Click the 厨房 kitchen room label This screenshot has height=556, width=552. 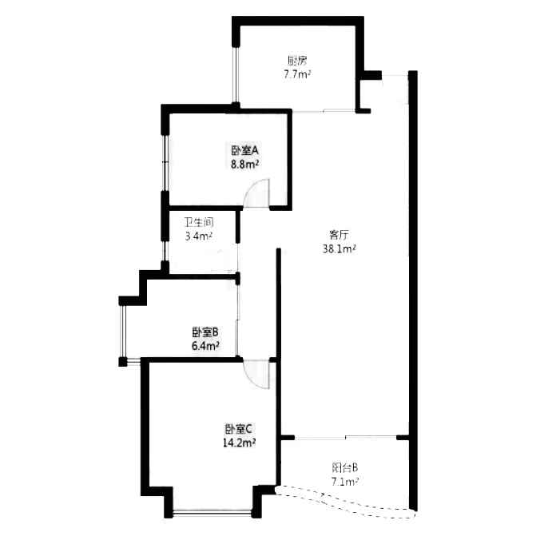(x=297, y=61)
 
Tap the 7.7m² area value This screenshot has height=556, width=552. (x=297, y=75)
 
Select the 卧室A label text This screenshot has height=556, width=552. (x=245, y=151)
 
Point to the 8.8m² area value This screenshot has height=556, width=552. (x=245, y=165)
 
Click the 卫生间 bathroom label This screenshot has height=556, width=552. (x=199, y=222)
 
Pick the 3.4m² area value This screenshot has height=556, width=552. (x=199, y=236)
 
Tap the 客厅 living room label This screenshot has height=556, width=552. (x=340, y=235)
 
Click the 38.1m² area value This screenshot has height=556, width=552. (x=340, y=249)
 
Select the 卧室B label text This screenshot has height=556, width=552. (x=205, y=332)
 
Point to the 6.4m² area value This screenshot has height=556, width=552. (x=205, y=346)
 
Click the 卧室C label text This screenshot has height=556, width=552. (x=239, y=430)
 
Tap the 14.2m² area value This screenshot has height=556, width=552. (x=240, y=443)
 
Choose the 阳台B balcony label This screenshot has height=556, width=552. (x=345, y=467)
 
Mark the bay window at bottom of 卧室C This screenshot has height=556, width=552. (x=212, y=511)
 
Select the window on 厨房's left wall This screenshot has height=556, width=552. (x=236, y=74)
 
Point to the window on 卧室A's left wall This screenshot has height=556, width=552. (x=165, y=163)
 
